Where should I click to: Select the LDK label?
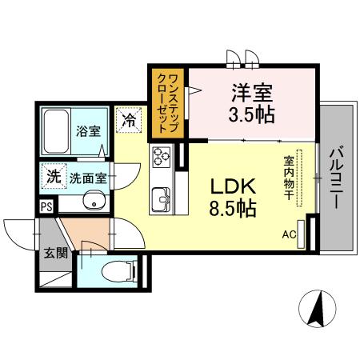click(233, 187)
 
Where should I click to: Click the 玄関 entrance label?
click(54, 255)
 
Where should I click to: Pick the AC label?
click(289, 234)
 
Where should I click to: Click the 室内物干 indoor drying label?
click(288, 178)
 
